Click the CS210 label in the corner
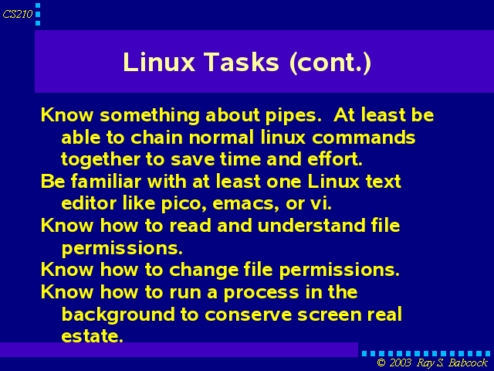click(18, 14)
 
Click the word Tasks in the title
click(242, 62)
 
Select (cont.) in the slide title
click(330, 63)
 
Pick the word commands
click(364, 138)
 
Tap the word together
click(100, 159)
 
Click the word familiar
click(106, 182)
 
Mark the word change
click(204, 270)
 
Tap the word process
click(261, 293)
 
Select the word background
click(118, 315)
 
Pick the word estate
click(92, 336)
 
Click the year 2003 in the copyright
click(400, 362)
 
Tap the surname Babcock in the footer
click(468, 362)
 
